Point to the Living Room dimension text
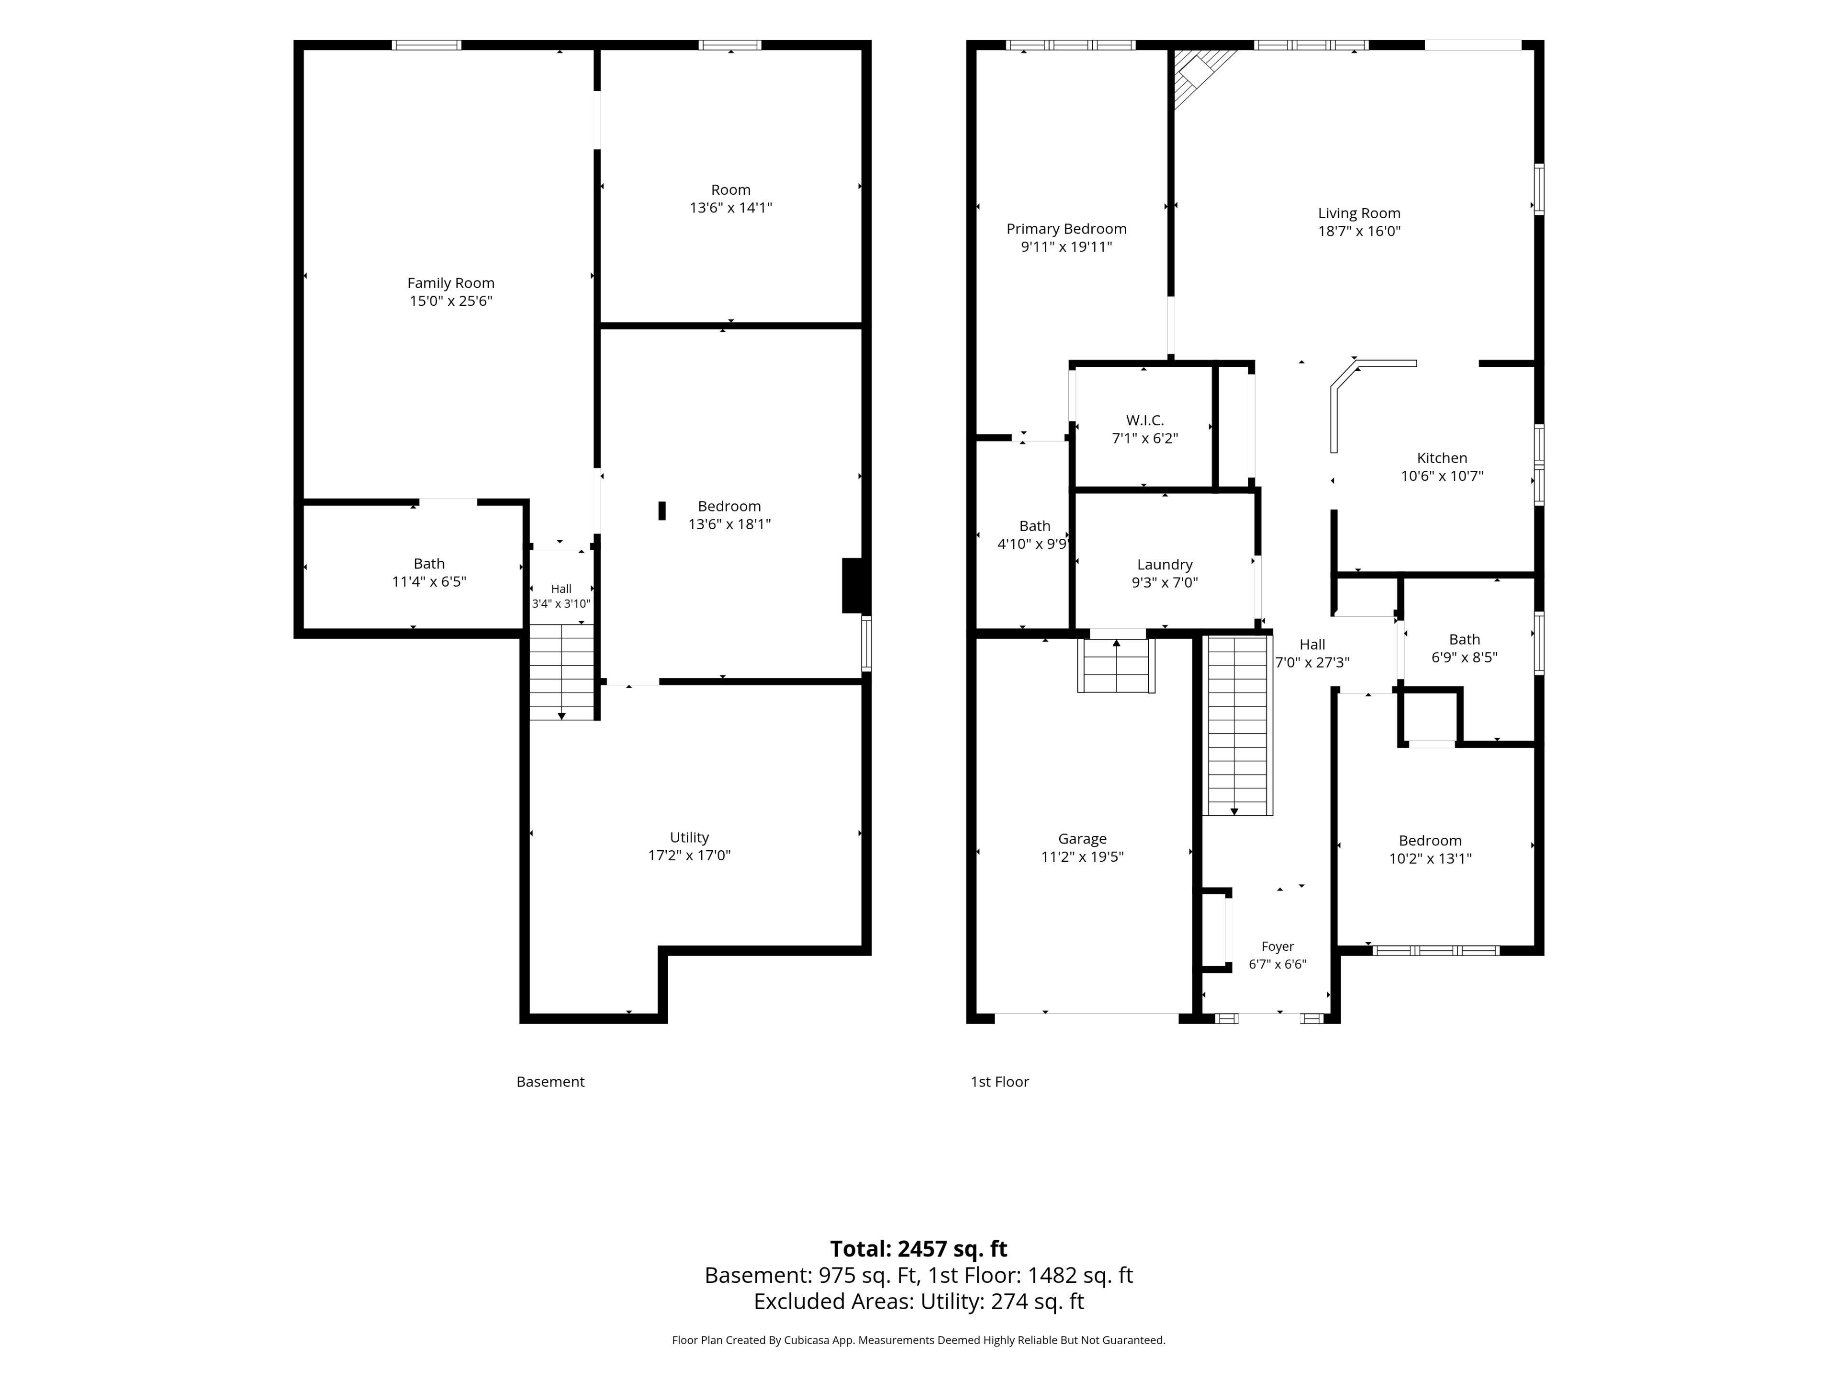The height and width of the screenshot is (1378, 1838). tap(1359, 232)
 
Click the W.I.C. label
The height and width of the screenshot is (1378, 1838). tap(1145, 420)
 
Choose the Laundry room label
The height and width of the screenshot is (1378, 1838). tap(1165, 565)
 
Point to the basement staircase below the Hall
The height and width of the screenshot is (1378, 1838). tap(562, 672)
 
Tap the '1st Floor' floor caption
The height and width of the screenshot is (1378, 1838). tap(999, 1081)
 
